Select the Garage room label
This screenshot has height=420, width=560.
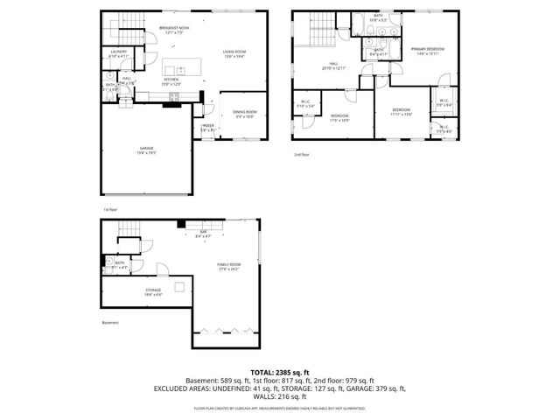pyautogui.click(x=146, y=150)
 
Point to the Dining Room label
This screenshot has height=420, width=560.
pyautogui.click(x=244, y=113)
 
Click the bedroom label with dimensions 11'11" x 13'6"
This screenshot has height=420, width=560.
pyautogui.click(x=401, y=112)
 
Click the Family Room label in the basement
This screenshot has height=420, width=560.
pyautogui.click(x=229, y=266)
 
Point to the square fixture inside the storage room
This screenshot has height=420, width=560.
pyautogui.click(x=179, y=286)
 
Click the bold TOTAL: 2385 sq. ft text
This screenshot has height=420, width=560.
pyautogui.click(x=279, y=372)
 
